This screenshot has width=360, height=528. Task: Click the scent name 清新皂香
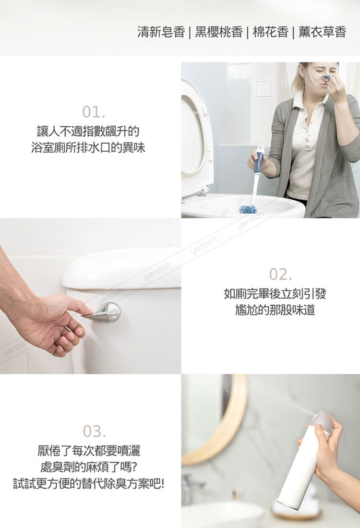pos(161,32)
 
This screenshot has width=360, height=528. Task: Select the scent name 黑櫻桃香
pos(219,32)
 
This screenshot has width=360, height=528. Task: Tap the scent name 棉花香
pos(270,32)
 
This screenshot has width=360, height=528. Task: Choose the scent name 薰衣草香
pos(322,32)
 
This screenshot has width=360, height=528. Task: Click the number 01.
pos(94,112)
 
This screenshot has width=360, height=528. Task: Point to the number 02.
pos(280,275)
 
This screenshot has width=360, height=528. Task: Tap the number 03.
pos(94,432)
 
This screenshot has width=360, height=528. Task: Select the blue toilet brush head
pos(248,209)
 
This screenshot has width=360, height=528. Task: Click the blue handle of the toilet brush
pos(259,162)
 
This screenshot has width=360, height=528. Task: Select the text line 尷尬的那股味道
pos(275,310)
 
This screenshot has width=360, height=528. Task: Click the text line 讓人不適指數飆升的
pos(88,131)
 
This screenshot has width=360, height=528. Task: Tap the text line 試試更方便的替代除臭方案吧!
pos(89,484)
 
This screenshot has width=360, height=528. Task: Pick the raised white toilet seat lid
pos(197,138)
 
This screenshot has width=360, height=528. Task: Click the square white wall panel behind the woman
pos(263,89)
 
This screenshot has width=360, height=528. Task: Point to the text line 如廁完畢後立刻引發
pos(275,294)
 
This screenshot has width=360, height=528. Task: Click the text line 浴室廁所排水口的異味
pos(88,147)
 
